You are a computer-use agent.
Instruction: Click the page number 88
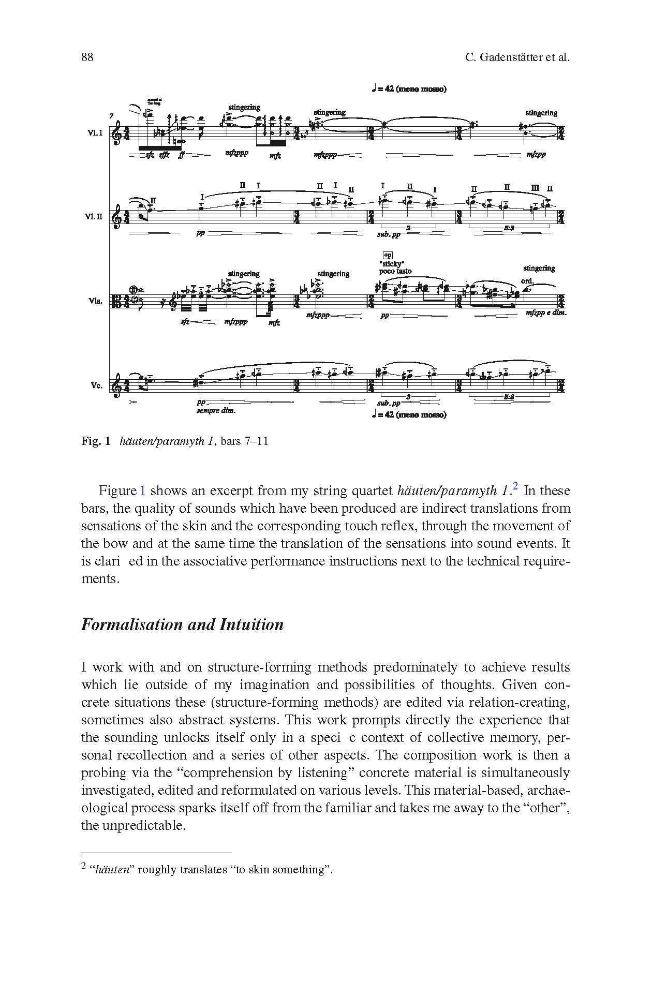point(87,57)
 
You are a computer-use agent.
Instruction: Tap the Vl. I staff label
point(95,133)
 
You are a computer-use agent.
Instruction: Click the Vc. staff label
point(96,385)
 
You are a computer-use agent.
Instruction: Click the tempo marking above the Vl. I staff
point(409,89)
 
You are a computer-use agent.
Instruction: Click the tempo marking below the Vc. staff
point(409,414)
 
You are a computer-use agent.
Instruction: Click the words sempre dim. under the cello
point(216,410)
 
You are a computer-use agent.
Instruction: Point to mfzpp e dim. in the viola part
point(546,313)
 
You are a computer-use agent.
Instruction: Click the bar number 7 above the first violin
point(111,116)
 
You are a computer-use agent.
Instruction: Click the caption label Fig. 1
point(96,441)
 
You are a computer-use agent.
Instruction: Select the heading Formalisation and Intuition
point(182,624)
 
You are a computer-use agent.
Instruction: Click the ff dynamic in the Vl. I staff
point(181,155)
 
